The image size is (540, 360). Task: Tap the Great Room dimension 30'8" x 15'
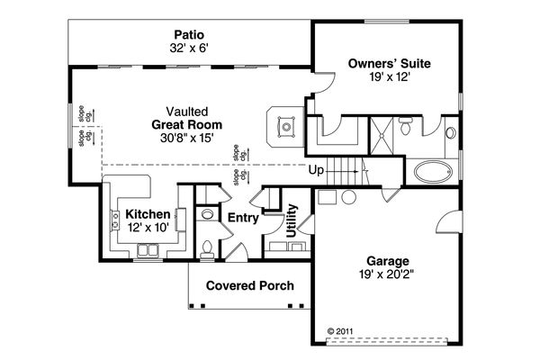[x=187, y=139]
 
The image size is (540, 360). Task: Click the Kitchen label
[x=148, y=213]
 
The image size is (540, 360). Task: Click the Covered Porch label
[x=249, y=286]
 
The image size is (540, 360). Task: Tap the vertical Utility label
[x=292, y=220]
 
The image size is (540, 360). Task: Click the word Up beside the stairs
[x=316, y=169]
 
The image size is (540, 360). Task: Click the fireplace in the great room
[x=287, y=126]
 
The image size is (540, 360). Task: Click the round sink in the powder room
[x=206, y=215]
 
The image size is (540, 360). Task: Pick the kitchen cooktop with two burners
[x=116, y=218]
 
